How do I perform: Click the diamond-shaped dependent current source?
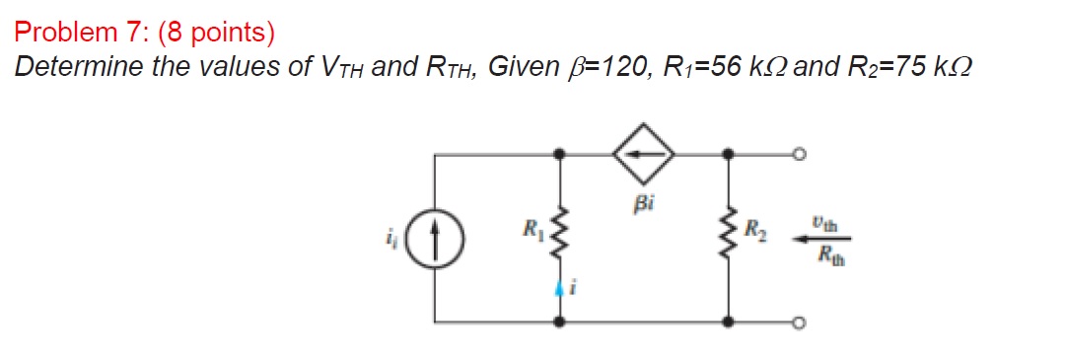(x=643, y=155)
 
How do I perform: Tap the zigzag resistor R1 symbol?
(x=560, y=237)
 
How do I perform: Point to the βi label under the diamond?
(x=644, y=206)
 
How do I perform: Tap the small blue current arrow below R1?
(x=560, y=289)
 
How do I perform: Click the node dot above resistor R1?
(x=560, y=154)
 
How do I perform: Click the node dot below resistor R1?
(x=560, y=322)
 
